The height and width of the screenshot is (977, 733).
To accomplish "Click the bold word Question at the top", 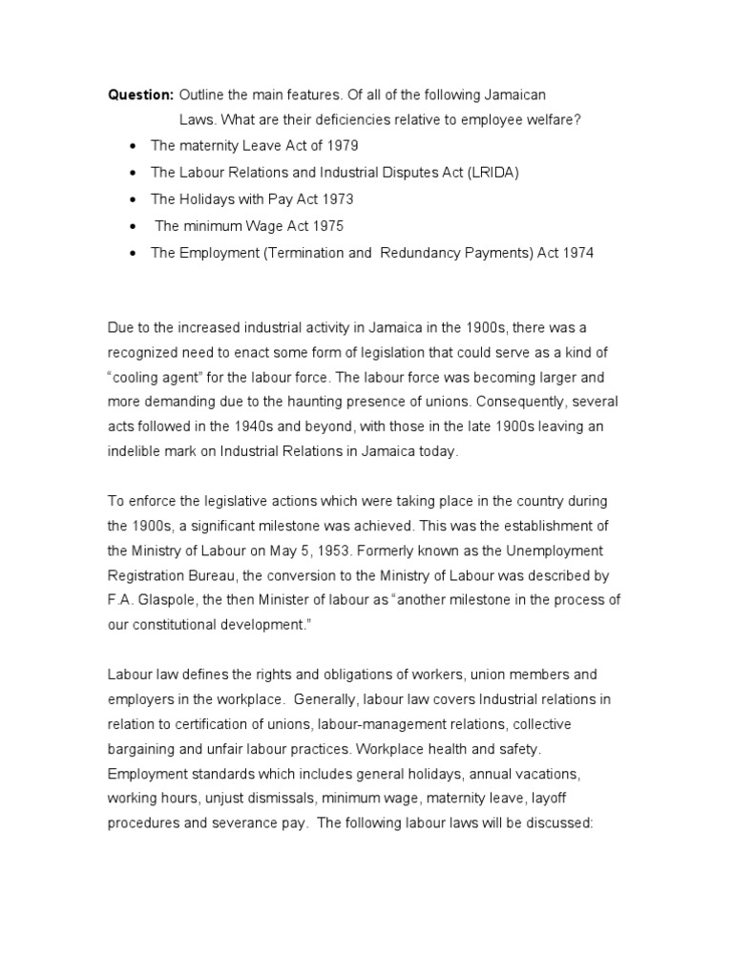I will click(x=140, y=96).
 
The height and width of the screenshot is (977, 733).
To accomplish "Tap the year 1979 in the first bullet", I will click(x=343, y=146).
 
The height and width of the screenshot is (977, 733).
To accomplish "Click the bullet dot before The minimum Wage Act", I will click(x=131, y=227).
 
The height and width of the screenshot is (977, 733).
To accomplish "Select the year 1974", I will click(x=576, y=253).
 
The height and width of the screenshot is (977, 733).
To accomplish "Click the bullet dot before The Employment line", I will click(x=131, y=254).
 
